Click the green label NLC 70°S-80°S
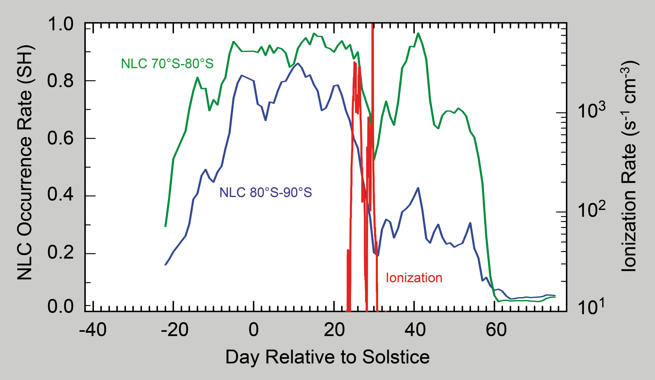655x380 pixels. point(167,64)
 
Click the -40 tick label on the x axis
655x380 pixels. point(93,330)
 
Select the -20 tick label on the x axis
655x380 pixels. point(174,330)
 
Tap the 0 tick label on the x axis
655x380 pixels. point(253,330)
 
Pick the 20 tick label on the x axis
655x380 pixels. point(334,330)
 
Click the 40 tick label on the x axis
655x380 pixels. point(415,330)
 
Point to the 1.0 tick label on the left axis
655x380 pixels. point(60,25)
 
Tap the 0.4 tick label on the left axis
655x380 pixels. point(60,196)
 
